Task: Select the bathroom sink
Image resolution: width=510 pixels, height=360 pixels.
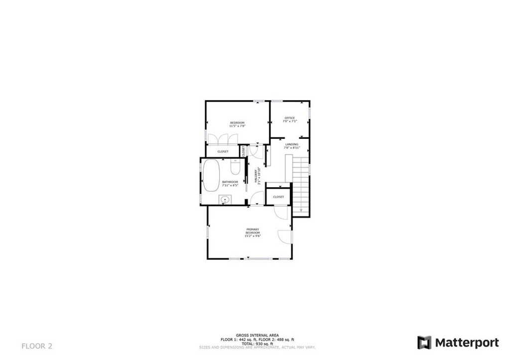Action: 225,200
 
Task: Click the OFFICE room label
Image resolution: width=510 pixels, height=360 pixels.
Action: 289,118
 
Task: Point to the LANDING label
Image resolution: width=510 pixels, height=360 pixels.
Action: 292,144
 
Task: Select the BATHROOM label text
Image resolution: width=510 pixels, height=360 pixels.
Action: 230,182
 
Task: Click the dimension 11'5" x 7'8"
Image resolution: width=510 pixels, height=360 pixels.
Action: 237,126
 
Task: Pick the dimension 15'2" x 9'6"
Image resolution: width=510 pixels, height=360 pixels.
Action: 253,237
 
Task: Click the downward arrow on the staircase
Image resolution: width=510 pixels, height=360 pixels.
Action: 300,211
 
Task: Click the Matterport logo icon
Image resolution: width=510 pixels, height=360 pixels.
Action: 424,343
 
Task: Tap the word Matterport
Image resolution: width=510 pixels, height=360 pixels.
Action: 467,343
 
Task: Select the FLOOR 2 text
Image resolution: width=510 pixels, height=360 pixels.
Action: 37,346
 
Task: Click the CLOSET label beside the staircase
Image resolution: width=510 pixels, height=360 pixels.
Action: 278,197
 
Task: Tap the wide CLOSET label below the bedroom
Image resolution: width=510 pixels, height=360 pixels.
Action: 223,151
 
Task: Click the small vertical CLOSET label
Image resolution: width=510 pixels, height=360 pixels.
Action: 244,151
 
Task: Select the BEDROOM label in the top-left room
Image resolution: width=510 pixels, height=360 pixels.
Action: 237,122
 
